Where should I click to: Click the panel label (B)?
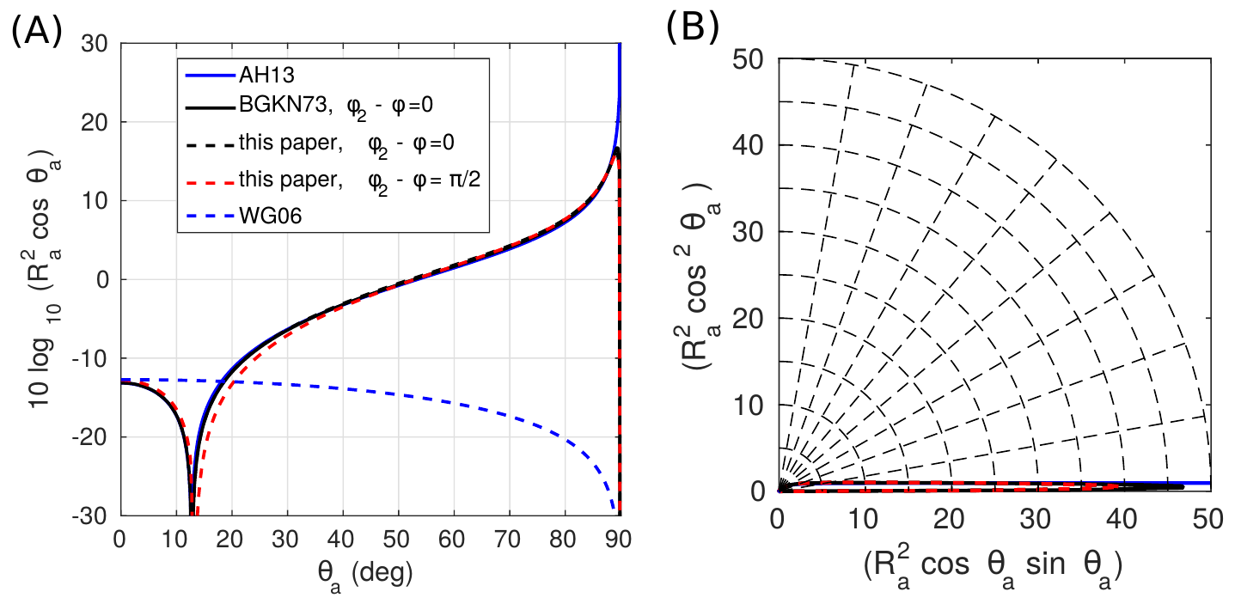(693, 29)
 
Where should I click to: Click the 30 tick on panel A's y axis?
(95, 44)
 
